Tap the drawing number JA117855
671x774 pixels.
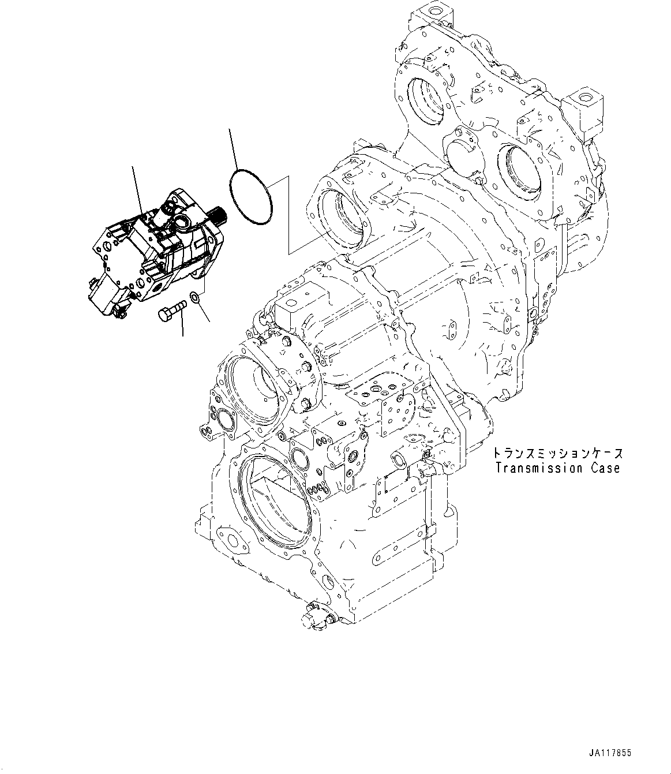coord(610,753)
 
